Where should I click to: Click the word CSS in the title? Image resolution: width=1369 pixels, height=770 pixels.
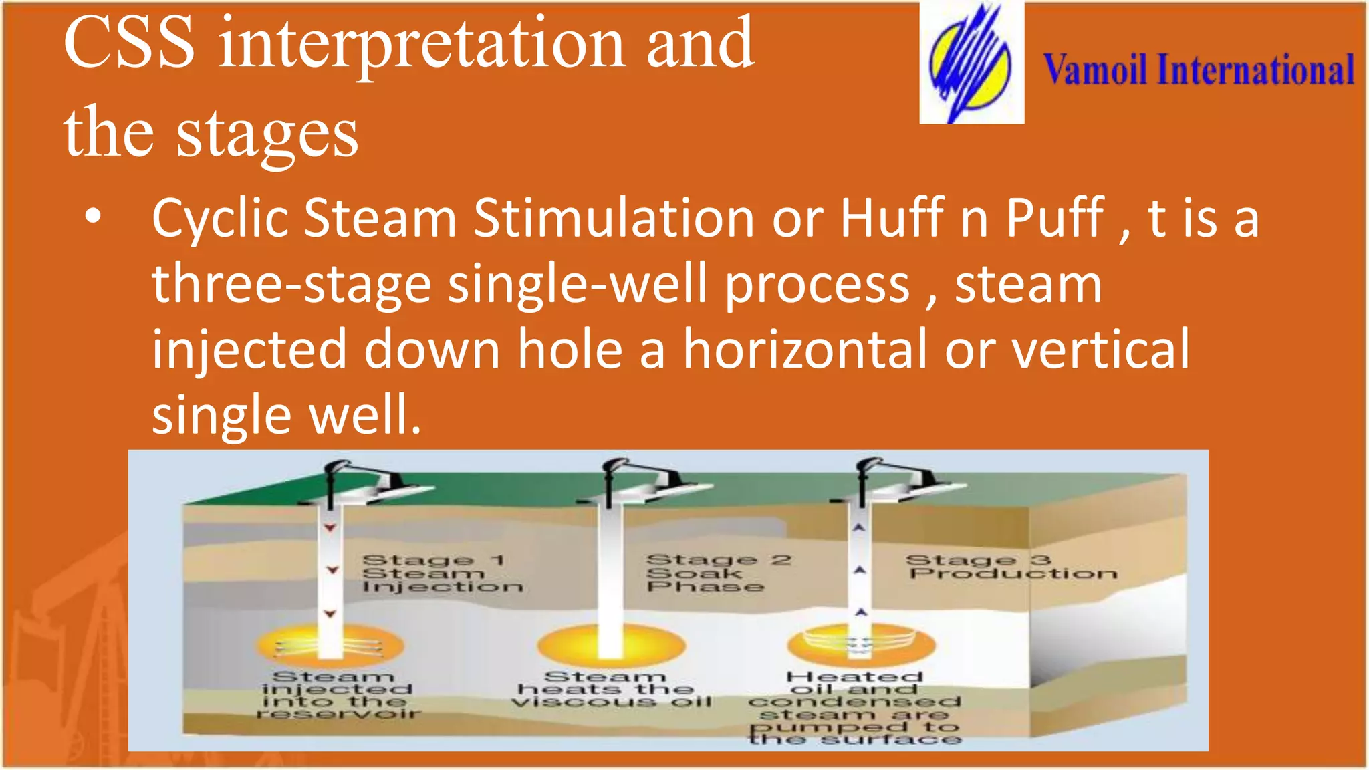[129, 43]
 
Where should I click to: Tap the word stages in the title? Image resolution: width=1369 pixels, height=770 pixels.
[267, 134]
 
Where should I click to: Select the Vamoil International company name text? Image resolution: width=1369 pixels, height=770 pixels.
[1199, 70]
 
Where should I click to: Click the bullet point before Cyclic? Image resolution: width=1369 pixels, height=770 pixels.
[93, 217]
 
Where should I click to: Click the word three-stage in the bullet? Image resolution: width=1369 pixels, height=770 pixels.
[291, 283]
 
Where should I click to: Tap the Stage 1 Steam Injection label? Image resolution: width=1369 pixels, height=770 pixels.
[441, 573]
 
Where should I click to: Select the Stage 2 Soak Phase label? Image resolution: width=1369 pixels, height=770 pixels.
[717, 573]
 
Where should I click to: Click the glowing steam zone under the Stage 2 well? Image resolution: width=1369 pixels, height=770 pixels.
[611, 645]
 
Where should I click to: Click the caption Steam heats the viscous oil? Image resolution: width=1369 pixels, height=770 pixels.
[610, 689]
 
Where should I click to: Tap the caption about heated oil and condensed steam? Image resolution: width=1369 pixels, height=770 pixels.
[854, 707]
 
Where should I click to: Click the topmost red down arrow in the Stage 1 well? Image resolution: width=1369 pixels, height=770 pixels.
[330, 528]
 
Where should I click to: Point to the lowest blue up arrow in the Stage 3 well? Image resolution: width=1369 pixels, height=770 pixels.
[861, 612]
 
